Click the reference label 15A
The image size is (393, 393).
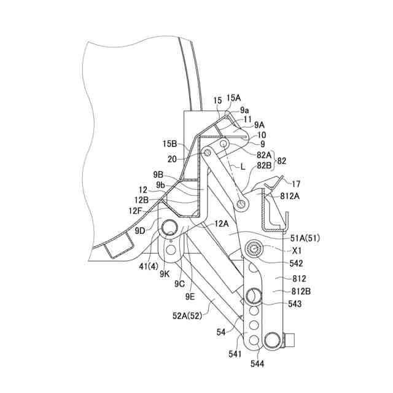coord(234,98)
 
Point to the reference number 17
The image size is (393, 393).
coord(297,183)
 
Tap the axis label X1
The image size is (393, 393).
coord(297,251)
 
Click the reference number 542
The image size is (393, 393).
coord(296,263)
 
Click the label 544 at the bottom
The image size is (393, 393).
coord(257,364)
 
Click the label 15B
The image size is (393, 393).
coord(170,144)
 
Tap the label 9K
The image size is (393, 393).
coord(165,274)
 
